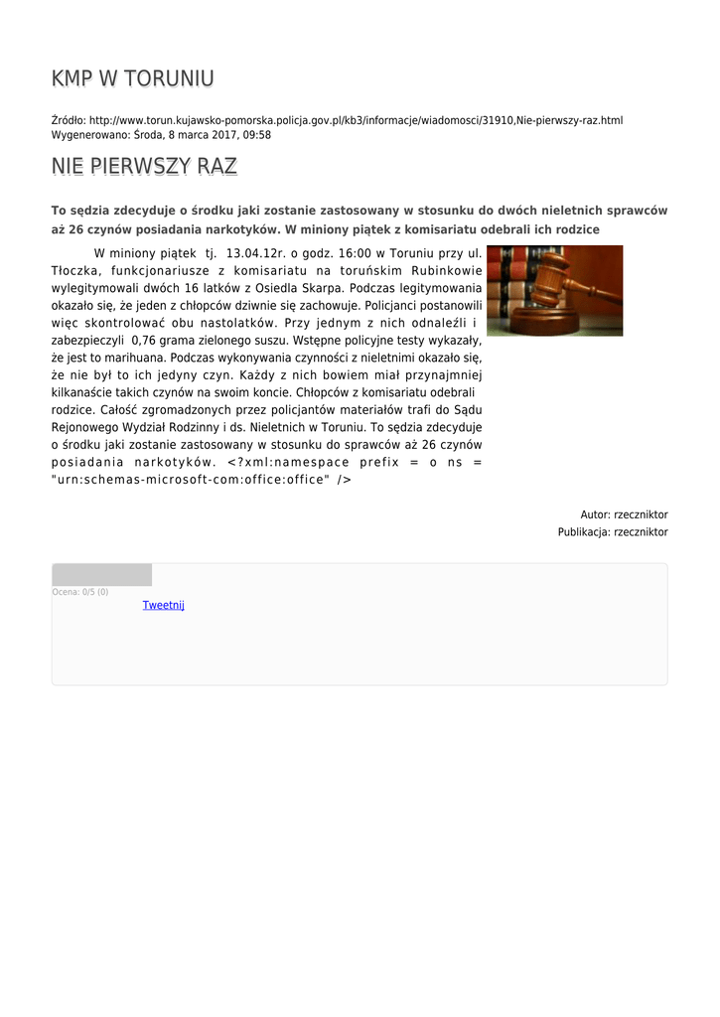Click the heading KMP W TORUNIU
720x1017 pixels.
133,78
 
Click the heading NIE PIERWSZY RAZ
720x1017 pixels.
144,166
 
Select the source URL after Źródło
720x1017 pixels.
356,120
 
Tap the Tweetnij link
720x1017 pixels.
163,605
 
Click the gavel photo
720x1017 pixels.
554,290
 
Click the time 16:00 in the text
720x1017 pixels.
357,253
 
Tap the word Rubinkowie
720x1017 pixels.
446,270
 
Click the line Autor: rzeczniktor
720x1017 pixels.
624,514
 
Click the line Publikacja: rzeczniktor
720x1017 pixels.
612,532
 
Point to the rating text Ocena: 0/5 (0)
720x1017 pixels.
80,592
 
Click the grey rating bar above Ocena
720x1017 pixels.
101,575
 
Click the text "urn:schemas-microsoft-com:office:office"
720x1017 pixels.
190,480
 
